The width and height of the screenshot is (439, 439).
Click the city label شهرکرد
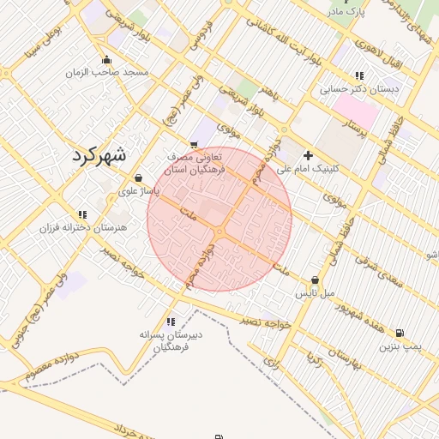(x=95, y=155)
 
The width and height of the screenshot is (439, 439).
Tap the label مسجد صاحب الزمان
(x=107, y=72)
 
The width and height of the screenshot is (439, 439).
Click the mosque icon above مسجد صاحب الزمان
(x=106, y=59)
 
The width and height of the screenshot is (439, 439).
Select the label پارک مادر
(x=350, y=12)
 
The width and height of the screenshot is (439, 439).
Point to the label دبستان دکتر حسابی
(x=359, y=88)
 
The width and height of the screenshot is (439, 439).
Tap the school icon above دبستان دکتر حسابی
(x=359, y=75)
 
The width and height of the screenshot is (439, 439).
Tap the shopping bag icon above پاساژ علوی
(x=138, y=178)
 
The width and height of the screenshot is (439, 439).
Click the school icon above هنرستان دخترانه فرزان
(x=82, y=214)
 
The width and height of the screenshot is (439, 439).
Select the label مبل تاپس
(x=315, y=293)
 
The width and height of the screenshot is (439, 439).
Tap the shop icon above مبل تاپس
(x=316, y=280)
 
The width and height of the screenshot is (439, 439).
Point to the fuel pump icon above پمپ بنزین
(x=400, y=334)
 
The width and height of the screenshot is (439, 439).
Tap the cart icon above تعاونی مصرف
(x=195, y=144)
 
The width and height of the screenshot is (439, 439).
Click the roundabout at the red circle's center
(x=219, y=232)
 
